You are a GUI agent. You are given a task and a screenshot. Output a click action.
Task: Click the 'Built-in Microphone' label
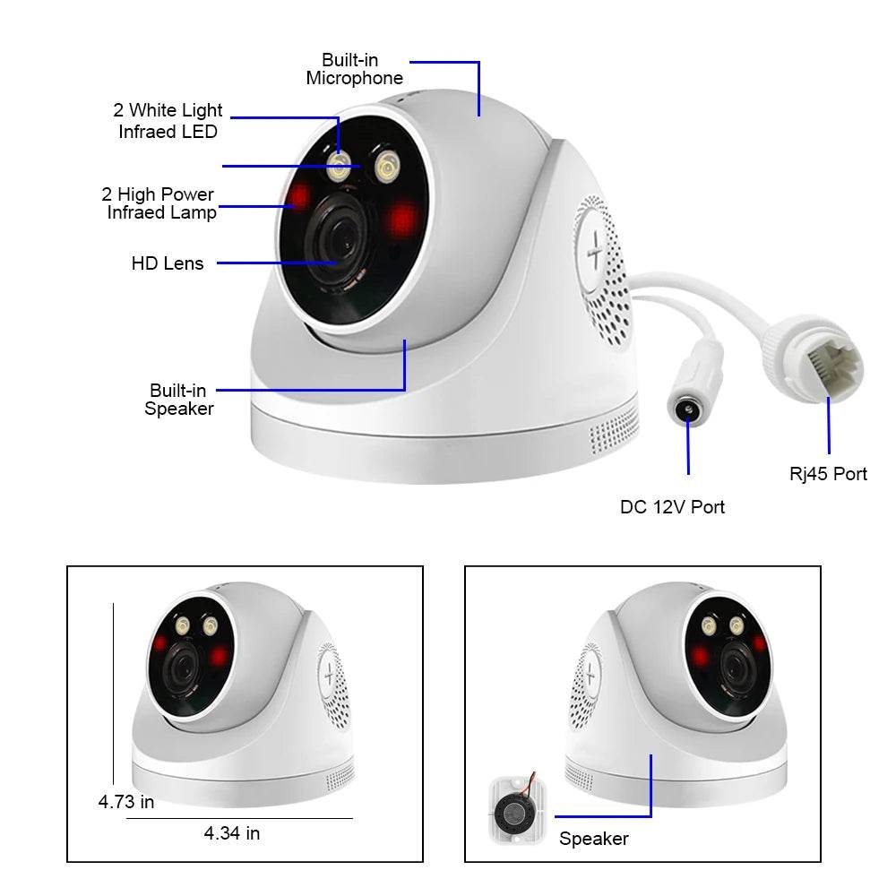354,69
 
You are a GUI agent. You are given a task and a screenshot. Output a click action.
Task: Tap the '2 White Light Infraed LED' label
168,121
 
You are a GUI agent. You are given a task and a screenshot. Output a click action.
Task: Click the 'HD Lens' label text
168,263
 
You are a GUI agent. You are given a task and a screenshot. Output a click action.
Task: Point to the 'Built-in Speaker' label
179,400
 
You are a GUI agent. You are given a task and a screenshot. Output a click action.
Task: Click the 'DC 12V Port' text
672,507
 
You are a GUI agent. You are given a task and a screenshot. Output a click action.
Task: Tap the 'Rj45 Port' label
828,474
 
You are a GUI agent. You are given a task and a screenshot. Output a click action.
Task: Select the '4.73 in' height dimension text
125,801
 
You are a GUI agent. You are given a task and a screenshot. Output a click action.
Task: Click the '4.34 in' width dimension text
232,833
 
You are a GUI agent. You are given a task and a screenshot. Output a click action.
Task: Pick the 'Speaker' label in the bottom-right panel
593,839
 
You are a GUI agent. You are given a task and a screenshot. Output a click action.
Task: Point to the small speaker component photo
515,812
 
